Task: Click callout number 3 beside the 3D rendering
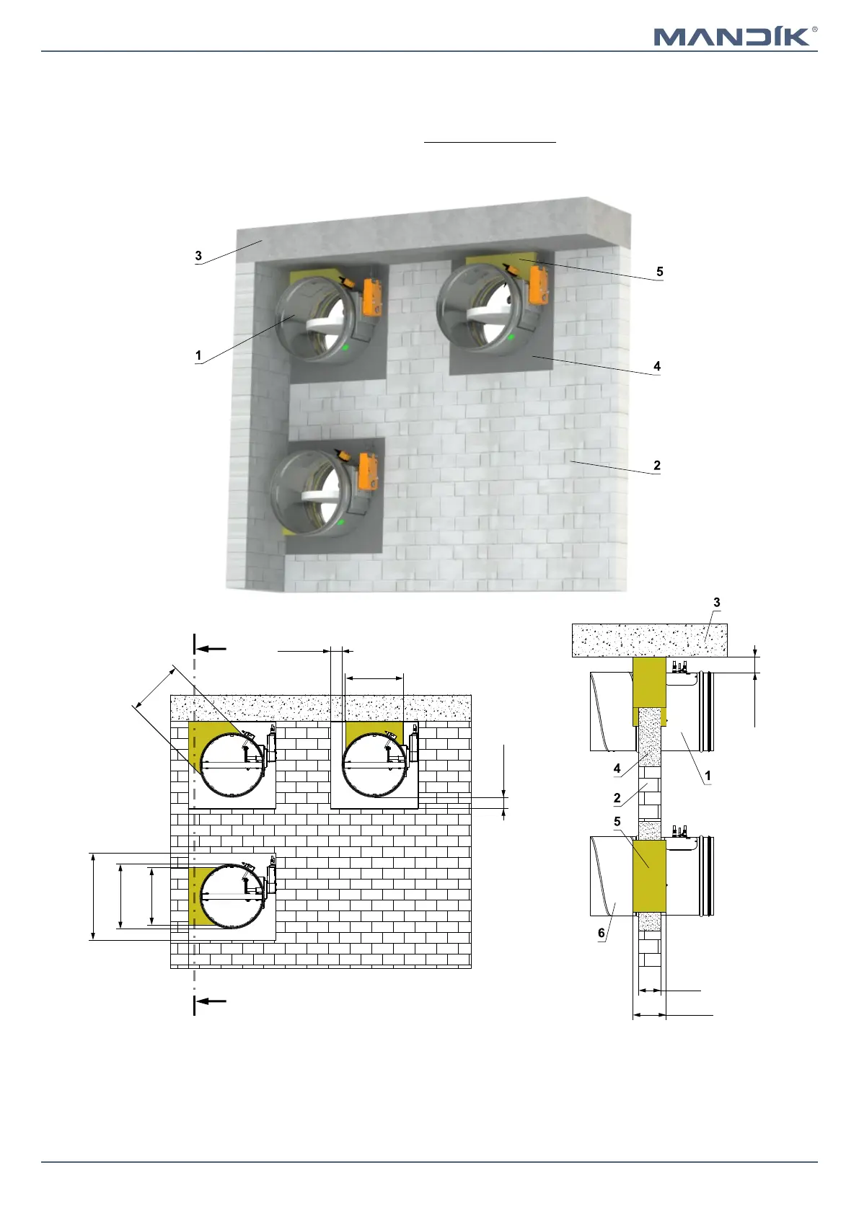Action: click(198, 256)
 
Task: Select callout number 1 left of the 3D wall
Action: click(198, 355)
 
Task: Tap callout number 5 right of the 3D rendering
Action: click(659, 272)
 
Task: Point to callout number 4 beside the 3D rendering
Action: click(656, 366)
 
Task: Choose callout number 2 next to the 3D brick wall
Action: click(656, 466)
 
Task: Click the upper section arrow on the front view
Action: click(211, 649)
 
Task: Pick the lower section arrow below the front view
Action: click(211, 1001)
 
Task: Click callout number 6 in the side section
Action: click(602, 933)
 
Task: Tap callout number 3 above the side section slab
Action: click(716, 603)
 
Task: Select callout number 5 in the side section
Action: click(617, 822)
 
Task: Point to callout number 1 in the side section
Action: click(708, 776)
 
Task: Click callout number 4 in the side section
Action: click(617, 768)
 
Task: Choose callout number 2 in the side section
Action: click(617, 798)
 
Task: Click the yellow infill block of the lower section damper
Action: click(648, 875)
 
